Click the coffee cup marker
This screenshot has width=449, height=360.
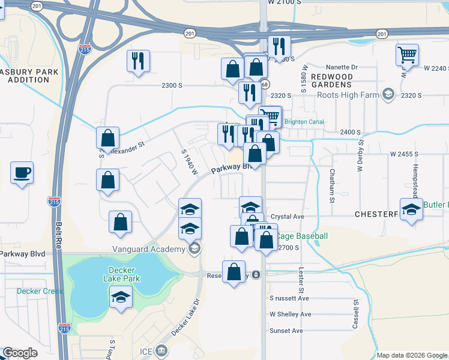(22, 173)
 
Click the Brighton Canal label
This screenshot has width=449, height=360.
(304, 122)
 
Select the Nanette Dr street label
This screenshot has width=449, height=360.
(342, 67)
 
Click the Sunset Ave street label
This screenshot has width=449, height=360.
(286, 331)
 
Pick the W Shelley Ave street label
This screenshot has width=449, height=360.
(290, 314)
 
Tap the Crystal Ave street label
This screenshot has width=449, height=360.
(288, 217)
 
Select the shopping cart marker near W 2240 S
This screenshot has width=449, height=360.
(407, 55)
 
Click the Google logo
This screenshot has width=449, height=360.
(20, 353)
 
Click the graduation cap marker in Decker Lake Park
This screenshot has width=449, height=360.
(121, 297)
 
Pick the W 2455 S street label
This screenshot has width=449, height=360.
(403, 154)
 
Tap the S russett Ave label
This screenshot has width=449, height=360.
(289, 298)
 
